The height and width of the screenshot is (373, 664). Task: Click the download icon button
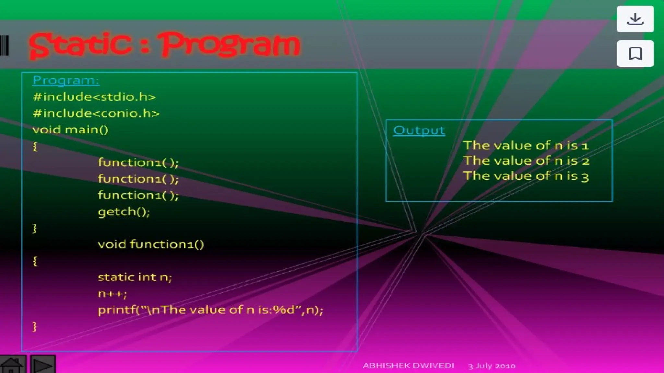[x=635, y=19]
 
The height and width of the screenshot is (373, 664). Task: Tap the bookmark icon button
[x=635, y=53]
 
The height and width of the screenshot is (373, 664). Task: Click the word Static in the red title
[x=80, y=45]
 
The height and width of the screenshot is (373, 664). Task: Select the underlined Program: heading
[x=66, y=80]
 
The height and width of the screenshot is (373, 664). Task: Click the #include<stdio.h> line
[x=94, y=97]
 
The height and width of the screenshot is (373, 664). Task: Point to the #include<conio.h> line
[x=96, y=113]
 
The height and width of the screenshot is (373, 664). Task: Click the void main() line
[x=70, y=130]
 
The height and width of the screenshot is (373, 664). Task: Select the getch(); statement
[x=124, y=212]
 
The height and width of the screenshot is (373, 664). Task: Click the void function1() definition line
[x=151, y=244]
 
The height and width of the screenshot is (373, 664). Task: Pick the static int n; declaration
[x=135, y=277]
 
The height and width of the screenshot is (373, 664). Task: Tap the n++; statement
[x=112, y=294]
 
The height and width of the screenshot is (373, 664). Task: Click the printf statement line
[x=210, y=310]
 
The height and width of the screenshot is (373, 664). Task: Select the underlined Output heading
[x=419, y=130]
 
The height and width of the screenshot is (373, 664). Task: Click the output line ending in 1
[x=525, y=145]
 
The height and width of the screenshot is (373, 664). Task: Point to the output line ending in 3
[x=525, y=176]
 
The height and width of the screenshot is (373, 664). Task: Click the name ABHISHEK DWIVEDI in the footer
[x=408, y=366]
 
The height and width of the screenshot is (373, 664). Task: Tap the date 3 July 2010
[x=492, y=366]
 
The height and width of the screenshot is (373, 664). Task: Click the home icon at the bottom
[x=12, y=365]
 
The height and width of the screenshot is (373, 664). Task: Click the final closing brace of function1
[x=35, y=326]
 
